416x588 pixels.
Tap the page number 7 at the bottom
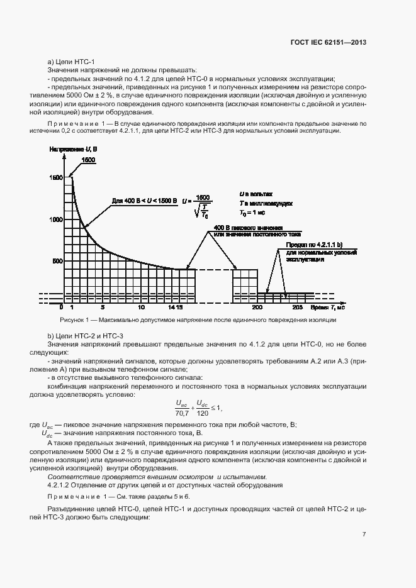pyautogui.click(x=364, y=535)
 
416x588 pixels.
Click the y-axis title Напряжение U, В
pyautogui.click(x=72, y=148)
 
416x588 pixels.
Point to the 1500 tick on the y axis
pyautogui.click(x=56, y=178)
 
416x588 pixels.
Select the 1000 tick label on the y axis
pyautogui.click(x=56, y=219)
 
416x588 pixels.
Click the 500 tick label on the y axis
pyautogui.click(x=57, y=261)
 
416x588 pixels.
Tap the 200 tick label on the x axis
pyautogui.click(x=257, y=308)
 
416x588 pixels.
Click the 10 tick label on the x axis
pyautogui.click(x=142, y=308)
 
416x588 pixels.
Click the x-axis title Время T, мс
pyautogui.click(x=328, y=308)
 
